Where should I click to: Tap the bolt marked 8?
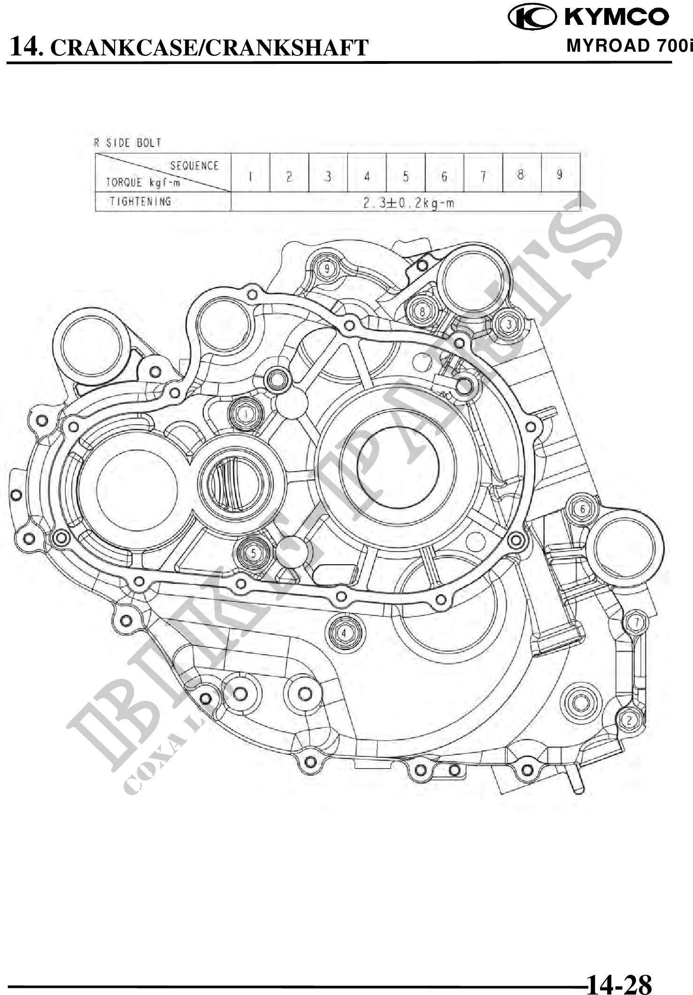[x=422, y=311]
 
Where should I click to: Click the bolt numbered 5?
[x=254, y=553]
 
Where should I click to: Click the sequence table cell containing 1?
[x=251, y=176]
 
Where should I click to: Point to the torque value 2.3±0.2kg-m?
[x=408, y=203]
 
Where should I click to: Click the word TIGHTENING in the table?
[x=140, y=202]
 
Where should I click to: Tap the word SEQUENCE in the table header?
[x=194, y=165]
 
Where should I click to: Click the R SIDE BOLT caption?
[x=128, y=143]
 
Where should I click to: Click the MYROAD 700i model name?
[x=629, y=46]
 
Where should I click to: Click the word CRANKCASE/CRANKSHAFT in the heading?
[x=208, y=48]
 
